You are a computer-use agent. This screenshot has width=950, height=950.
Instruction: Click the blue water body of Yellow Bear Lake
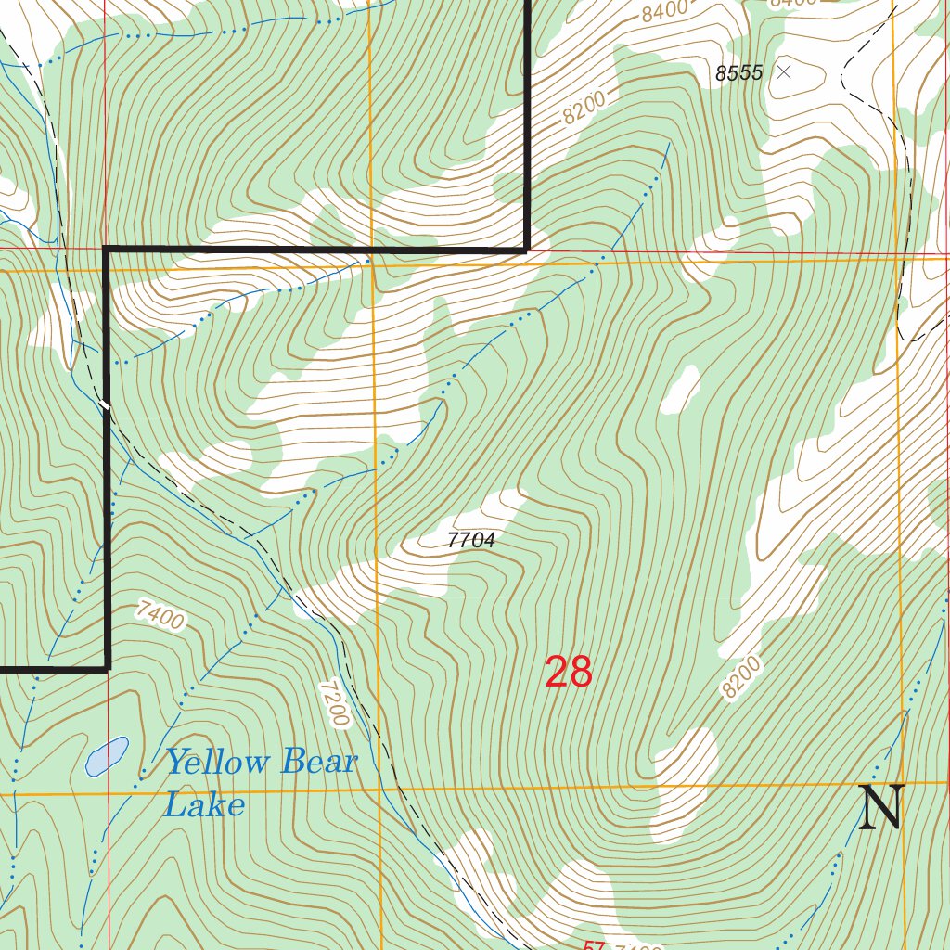click(x=107, y=756)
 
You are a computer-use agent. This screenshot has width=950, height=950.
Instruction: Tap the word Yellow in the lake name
click(x=217, y=763)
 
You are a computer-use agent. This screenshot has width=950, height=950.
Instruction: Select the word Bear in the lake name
click(x=318, y=763)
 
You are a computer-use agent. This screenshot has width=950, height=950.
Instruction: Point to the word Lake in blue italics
click(x=204, y=804)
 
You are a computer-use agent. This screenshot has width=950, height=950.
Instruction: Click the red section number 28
click(x=568, y=672)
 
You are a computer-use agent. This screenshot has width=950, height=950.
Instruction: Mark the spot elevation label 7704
click(x=470, y=540)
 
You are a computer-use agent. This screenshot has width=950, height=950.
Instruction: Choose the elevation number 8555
click(x=738, y=73)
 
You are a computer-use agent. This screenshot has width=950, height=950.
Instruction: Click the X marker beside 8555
click(x=784, y=71)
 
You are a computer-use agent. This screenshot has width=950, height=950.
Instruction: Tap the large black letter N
click(x=879, y=808)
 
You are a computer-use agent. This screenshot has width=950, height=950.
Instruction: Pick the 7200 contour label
click(x=334, y=703)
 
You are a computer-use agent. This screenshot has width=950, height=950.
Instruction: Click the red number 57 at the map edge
click(x=595, y=945)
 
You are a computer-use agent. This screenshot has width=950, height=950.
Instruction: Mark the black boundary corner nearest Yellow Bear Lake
click(x=108, y=666)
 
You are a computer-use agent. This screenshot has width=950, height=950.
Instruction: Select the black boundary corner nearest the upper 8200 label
click(x=527, y=249)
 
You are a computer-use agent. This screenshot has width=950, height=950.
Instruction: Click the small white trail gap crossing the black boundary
click(x=107, y=404)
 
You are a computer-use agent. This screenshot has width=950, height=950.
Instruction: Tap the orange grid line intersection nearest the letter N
click(x=902, y=784)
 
